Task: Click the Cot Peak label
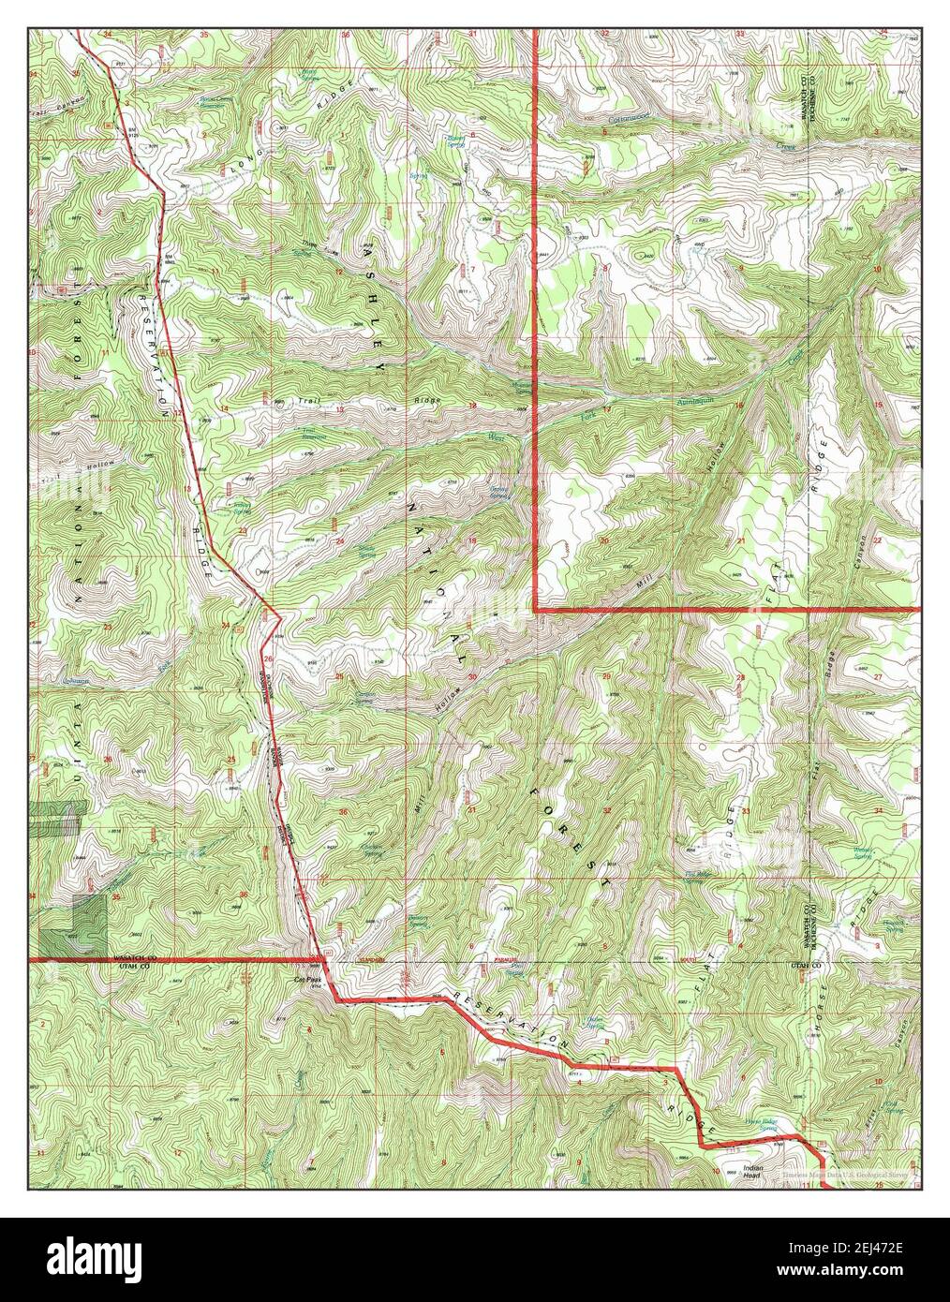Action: (307, 981)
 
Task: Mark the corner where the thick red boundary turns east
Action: (535, 609)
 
